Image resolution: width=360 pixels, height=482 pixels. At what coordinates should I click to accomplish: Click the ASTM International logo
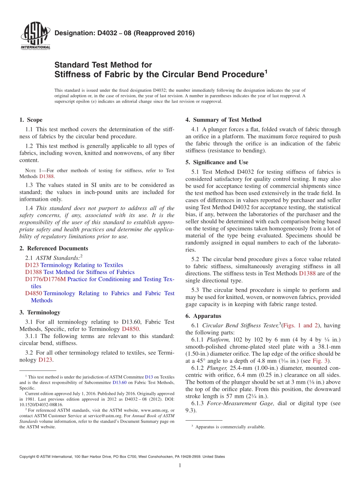click(35, 36)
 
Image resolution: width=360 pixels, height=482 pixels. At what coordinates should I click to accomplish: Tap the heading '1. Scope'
click(31, 120)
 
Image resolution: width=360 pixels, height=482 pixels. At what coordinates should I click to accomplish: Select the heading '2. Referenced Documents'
click(53, 248)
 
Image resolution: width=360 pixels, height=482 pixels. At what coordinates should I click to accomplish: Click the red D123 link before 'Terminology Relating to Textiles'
click(32, 265)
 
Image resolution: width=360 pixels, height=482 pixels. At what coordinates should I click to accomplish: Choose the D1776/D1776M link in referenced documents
click(45, 279)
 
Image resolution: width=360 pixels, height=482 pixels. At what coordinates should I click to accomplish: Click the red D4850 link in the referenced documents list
click(33, 293)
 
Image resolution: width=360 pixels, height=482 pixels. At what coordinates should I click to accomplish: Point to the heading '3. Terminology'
click(39, 312)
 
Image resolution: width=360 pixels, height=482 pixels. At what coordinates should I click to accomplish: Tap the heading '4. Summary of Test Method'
click(223, 120)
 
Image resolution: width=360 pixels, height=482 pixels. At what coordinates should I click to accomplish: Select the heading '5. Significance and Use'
click(217, 162)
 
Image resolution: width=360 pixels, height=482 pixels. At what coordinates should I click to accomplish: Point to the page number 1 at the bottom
click(180, 465)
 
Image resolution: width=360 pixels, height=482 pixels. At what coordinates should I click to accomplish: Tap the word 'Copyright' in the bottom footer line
click(28, 457)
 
